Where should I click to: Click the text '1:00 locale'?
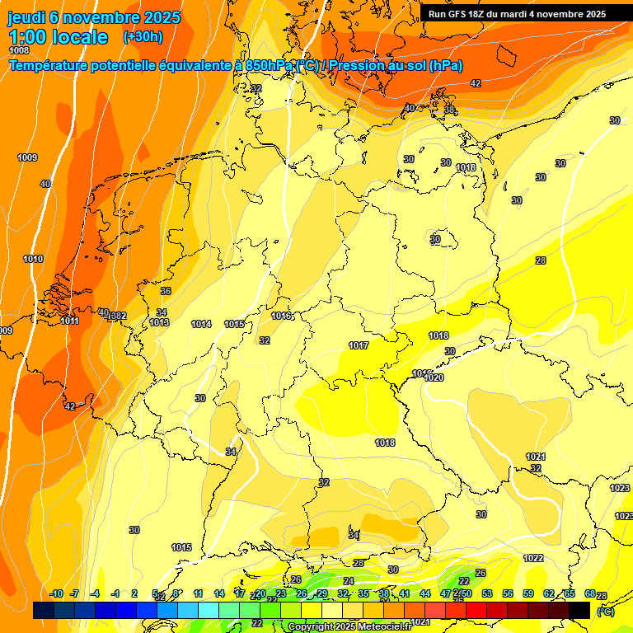[x=59, y=37]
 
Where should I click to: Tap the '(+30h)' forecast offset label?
[x=143, y=37]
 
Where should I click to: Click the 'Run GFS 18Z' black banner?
[x=517, y=14]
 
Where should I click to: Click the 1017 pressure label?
[x=359, y=345]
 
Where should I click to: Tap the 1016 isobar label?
[x=281, y=316]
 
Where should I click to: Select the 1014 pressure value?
[x=201, y=324]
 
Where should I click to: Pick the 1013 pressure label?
[x=159, y=322]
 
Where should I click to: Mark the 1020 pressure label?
[x=434, y=377]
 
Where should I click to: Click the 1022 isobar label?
[x=533, y=558]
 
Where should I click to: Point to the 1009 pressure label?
[x=27, y=157]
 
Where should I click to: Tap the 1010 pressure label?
[x=33, y=260]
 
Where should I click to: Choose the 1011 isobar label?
[x=69, y=321]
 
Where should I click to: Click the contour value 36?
[x=166, y=291]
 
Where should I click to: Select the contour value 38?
[x=449, y=110]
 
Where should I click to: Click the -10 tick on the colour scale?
[x=56, y=593]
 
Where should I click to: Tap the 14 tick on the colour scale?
[x=219, y=593]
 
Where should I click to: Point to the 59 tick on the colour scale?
[x=528, y=593]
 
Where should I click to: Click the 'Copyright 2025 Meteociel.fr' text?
[x=349, y=626]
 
